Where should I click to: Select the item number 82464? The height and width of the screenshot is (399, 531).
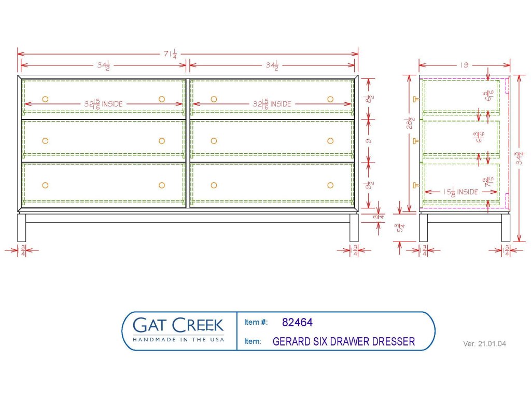(x=297, y=323)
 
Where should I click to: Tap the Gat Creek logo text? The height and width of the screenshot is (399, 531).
(x=178, y=325)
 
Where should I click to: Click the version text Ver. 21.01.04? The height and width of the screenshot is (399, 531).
(x=484, y=344)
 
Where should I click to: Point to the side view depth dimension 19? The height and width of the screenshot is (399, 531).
(x=464, y=65)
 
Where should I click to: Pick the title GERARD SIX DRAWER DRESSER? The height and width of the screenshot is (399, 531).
(x=343, y=342)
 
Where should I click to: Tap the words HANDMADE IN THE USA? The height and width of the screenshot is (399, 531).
(x=178, y=339)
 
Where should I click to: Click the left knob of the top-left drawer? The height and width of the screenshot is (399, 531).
(x=45, y=99)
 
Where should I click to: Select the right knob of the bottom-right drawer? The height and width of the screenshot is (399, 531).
(x=330, y=185)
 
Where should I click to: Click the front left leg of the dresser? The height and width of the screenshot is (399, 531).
(x=21, y=228)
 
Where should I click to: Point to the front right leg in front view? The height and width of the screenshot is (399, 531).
(x=354, y=228)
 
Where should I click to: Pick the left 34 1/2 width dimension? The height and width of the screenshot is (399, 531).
(x=103, y=65)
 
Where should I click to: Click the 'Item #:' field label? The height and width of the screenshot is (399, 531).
(x=256, y=323)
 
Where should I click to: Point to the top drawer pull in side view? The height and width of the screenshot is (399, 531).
(x=415, y=99)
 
